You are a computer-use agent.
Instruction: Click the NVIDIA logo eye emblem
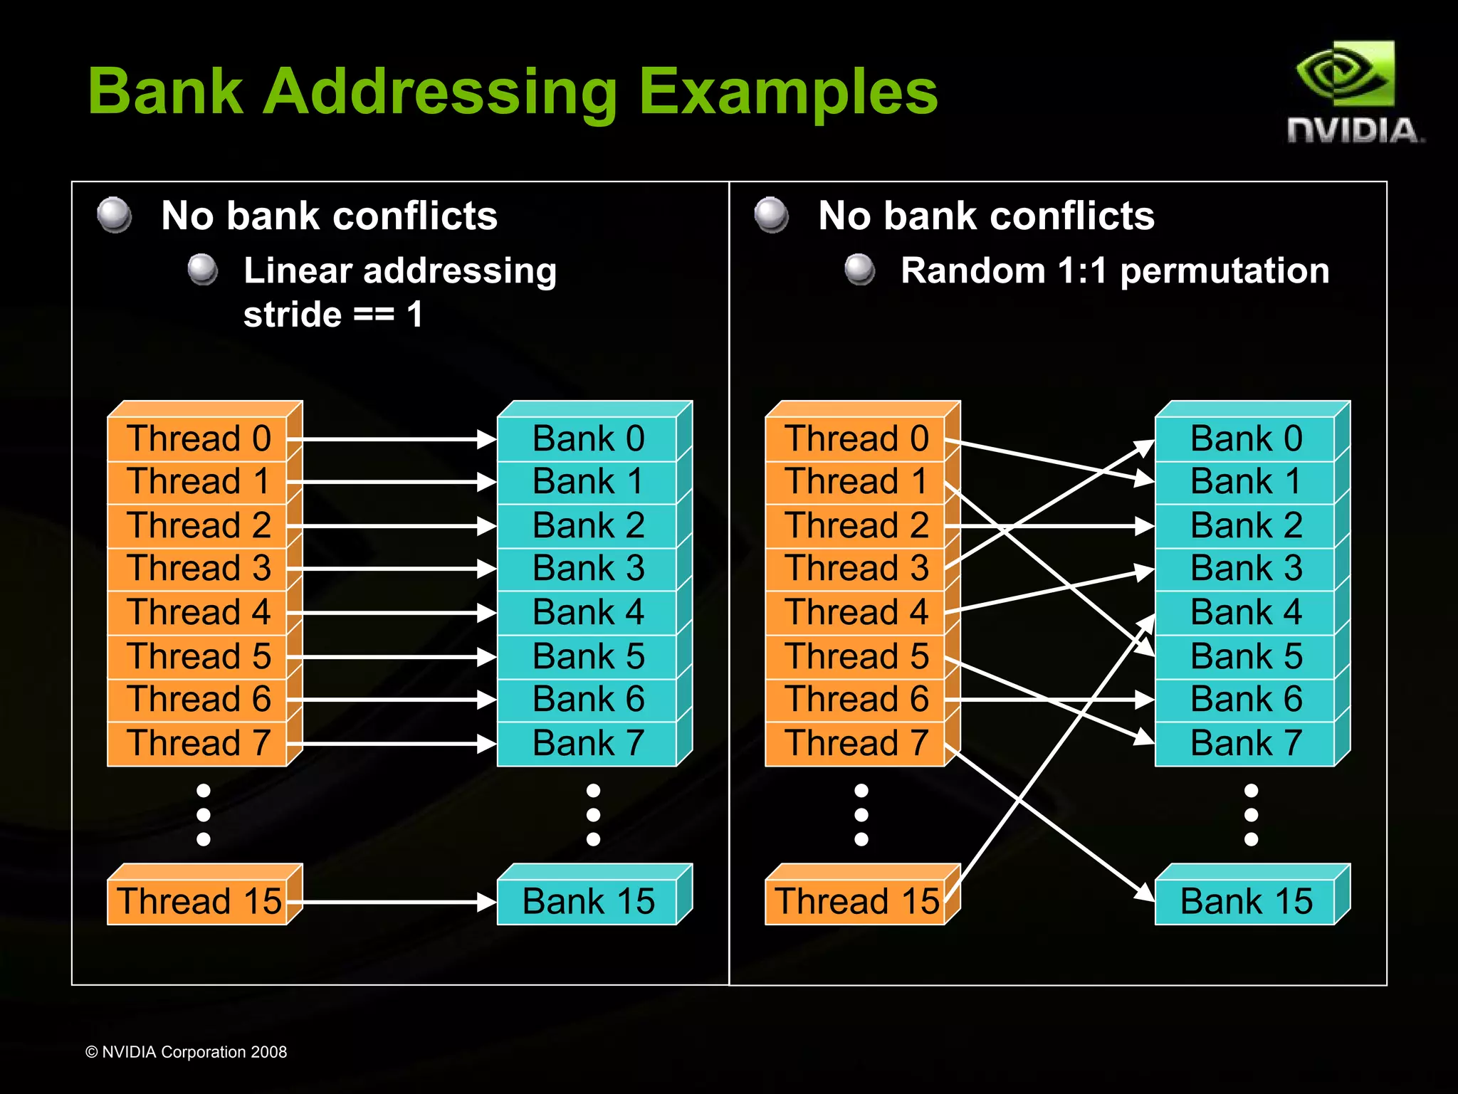[1344, 74]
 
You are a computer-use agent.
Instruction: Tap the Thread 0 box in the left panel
[198, 438]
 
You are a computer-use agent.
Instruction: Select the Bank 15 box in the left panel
[588, 901]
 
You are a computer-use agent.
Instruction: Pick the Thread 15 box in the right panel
[856, 901]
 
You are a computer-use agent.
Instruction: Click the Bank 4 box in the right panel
[1246, 612]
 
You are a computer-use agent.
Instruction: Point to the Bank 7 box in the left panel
[588, 743]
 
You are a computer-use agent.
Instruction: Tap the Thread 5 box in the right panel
[856, 656]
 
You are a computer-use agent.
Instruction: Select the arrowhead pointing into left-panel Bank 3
[488, 569]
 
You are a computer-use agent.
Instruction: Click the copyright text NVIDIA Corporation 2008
[187, 1052]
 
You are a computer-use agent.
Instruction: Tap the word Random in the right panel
[972, 271]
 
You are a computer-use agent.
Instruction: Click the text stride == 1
[333, 315]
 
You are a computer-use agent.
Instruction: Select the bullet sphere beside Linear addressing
[203, 270]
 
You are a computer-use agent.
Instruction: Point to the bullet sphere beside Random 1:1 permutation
[860, 270]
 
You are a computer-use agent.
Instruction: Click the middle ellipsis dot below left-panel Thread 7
[204, 815]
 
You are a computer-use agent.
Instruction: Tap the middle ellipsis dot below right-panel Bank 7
[1251, 815]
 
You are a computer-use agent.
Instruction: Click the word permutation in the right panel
[1224, 271]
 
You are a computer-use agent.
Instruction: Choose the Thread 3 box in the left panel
[198, 569]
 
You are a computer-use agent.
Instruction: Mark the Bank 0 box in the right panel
[1246, 438]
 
